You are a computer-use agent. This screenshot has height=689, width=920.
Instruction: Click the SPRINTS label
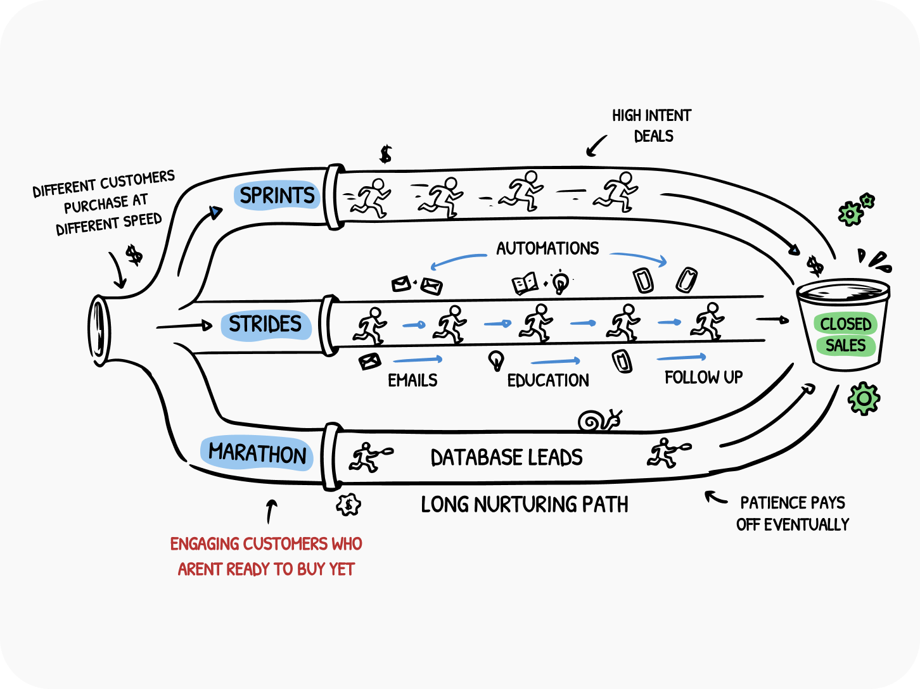(277, 196)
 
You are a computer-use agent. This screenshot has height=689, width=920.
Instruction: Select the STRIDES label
(265, 324)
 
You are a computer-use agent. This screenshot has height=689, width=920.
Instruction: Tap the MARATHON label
(257, 453)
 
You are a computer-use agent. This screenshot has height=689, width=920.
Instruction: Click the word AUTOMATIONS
(547, 248)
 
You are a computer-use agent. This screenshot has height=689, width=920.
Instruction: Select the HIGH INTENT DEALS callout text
(651, 125)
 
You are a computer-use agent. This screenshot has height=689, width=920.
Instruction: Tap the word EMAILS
(412, 380)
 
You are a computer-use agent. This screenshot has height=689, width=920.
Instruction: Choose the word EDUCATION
(548, 380)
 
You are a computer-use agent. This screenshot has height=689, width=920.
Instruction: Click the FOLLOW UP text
(703, 377)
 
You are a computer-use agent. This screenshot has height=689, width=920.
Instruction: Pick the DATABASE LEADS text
(506, 457)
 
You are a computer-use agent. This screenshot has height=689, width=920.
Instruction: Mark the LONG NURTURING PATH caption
(525, 505)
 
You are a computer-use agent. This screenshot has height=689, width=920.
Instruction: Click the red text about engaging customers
(266, 556)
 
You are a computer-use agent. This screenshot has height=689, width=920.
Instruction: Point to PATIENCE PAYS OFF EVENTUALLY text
(792, 514)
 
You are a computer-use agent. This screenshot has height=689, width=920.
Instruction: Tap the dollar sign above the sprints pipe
(385, 154)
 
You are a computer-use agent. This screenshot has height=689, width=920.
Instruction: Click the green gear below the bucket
(864, 398)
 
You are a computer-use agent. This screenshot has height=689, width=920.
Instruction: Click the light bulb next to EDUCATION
(496, 360)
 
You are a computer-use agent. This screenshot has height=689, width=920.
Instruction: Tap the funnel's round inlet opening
(99, 330)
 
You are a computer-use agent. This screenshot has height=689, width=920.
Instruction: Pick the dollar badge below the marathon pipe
(348, 505)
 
